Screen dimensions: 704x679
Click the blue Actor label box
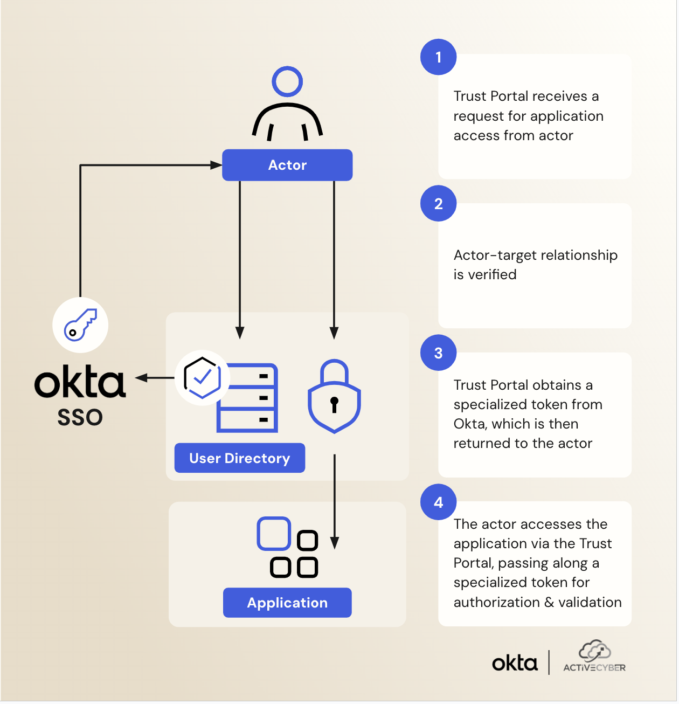pos(287,165)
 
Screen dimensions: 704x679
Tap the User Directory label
pos(240,458)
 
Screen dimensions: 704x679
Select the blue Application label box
pos(287,603)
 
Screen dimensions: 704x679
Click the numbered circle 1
pos(439,57)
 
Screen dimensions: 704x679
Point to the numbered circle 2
pos(439,204)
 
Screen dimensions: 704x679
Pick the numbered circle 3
pos(439,353)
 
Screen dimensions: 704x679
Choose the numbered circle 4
pos(439,502)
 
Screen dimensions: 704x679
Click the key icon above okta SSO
pos(80,325)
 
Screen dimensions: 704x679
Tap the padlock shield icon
pos(334,397)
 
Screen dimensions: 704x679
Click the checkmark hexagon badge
pos(202,378)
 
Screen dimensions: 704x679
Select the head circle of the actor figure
pos(287,82)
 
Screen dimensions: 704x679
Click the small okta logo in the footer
pos(515,663)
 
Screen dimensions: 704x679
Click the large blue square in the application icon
pos(274,534)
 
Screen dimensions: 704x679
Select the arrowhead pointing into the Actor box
pos(216,165)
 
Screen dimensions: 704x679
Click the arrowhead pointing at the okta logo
pos(142,378)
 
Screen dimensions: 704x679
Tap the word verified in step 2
pos(493,275)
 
